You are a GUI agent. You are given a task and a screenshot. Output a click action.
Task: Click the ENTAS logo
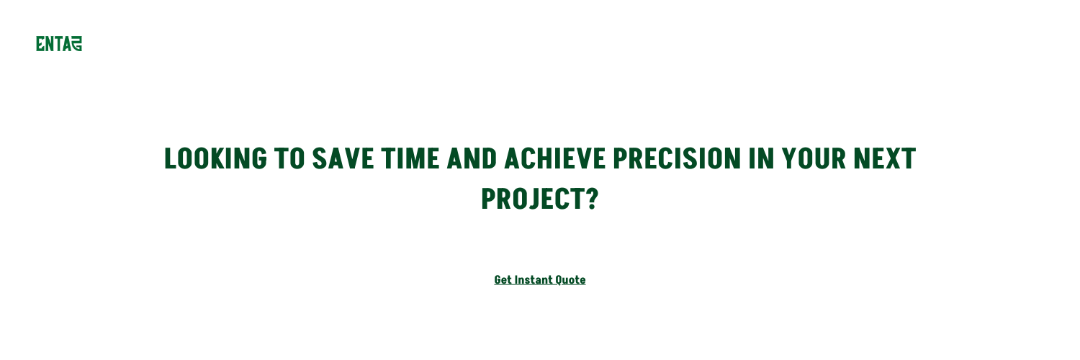coord(59,44)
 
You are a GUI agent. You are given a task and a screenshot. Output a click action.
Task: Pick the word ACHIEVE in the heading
coord(554,158)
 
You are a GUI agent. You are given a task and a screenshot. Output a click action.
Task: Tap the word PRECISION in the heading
coord(677,158)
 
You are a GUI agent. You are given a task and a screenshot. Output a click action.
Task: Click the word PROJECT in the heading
coord(531,199)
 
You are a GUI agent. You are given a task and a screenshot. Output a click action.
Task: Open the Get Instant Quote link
coord(540,280)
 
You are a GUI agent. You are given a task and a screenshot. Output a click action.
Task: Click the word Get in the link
coord(503,280)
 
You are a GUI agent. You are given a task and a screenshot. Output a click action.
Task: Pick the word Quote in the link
coord(570,280)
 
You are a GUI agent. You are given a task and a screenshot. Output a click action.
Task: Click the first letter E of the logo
coord(40,44)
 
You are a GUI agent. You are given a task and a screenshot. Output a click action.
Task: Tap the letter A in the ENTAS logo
coord(67,44)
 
